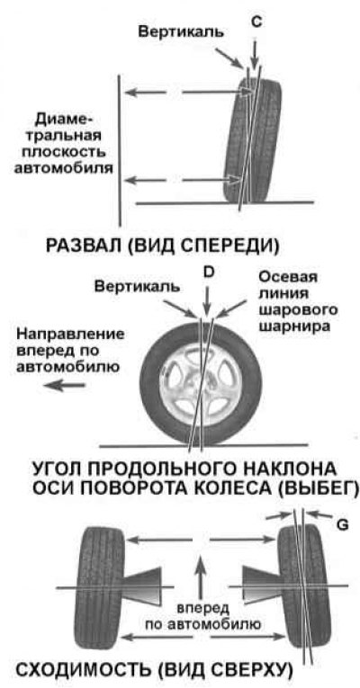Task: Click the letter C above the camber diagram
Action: pos(256,22)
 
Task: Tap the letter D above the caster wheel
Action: pos(209,272)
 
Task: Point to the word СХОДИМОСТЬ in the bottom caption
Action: pos(84,671)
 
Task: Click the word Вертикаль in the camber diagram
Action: pos(181,32)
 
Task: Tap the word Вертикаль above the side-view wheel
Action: pos(138,287)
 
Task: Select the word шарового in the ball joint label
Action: pos(298,309)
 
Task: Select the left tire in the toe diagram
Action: pos(101,587)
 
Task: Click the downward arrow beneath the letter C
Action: pos(255,50)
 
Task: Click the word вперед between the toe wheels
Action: pos(202,609)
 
